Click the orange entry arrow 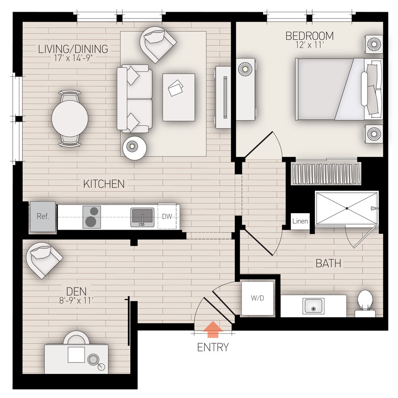[x=213, y=328]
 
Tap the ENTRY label [x=213, y=348]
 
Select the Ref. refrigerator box [x=43, y=216]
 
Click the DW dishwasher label [x=166, y=216]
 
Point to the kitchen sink [x=142, y=217]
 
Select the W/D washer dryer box [x=257, y=298]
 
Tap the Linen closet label [x=300, y=221]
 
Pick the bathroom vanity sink [x=311, y=307]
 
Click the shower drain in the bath [x=347, y=208]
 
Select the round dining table [x=70, y=119]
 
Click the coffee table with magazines [x=179, y=97]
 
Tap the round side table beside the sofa [x=135, y=148]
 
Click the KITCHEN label [x=104, y=184]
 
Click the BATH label [x=328, y=264]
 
